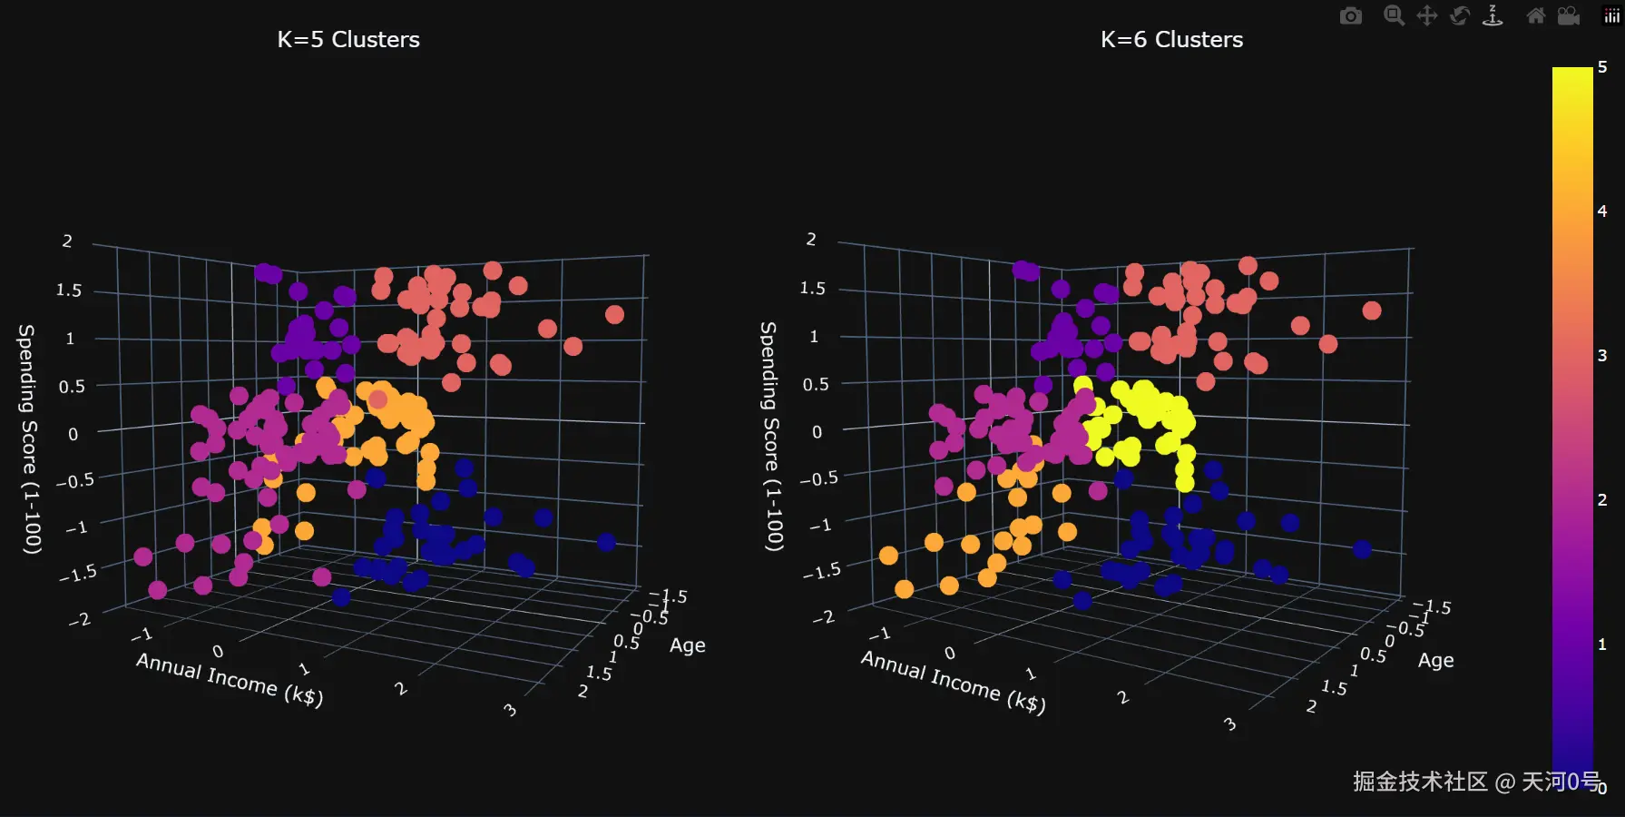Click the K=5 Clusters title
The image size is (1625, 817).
[348, 40]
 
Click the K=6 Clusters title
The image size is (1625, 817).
[1171, 40]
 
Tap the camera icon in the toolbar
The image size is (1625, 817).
[1350, 16]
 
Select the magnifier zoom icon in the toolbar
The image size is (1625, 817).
[1394, 16]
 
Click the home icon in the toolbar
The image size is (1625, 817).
[1535, 16]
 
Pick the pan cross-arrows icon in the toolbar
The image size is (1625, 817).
[1426, 16]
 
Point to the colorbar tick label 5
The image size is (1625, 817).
[1602, 67]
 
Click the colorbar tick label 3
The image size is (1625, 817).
[1602, 356]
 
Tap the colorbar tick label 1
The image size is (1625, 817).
[1602, 645]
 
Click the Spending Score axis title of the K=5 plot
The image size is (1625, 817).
[29, 439]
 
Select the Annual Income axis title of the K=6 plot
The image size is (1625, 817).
[953, 682]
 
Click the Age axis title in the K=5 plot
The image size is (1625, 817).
[687, 645]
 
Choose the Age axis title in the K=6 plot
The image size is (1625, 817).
[1435, 660]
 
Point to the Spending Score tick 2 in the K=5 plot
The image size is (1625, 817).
[67, 241]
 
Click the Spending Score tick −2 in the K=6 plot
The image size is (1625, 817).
[823, 617]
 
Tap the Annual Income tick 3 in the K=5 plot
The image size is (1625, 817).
[511, 710]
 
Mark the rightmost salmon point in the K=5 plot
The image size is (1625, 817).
[614, 315]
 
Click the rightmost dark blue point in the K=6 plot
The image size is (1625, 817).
[1361, 549]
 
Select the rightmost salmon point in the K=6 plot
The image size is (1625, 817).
[1371, 311]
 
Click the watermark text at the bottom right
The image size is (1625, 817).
[1475, 782]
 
